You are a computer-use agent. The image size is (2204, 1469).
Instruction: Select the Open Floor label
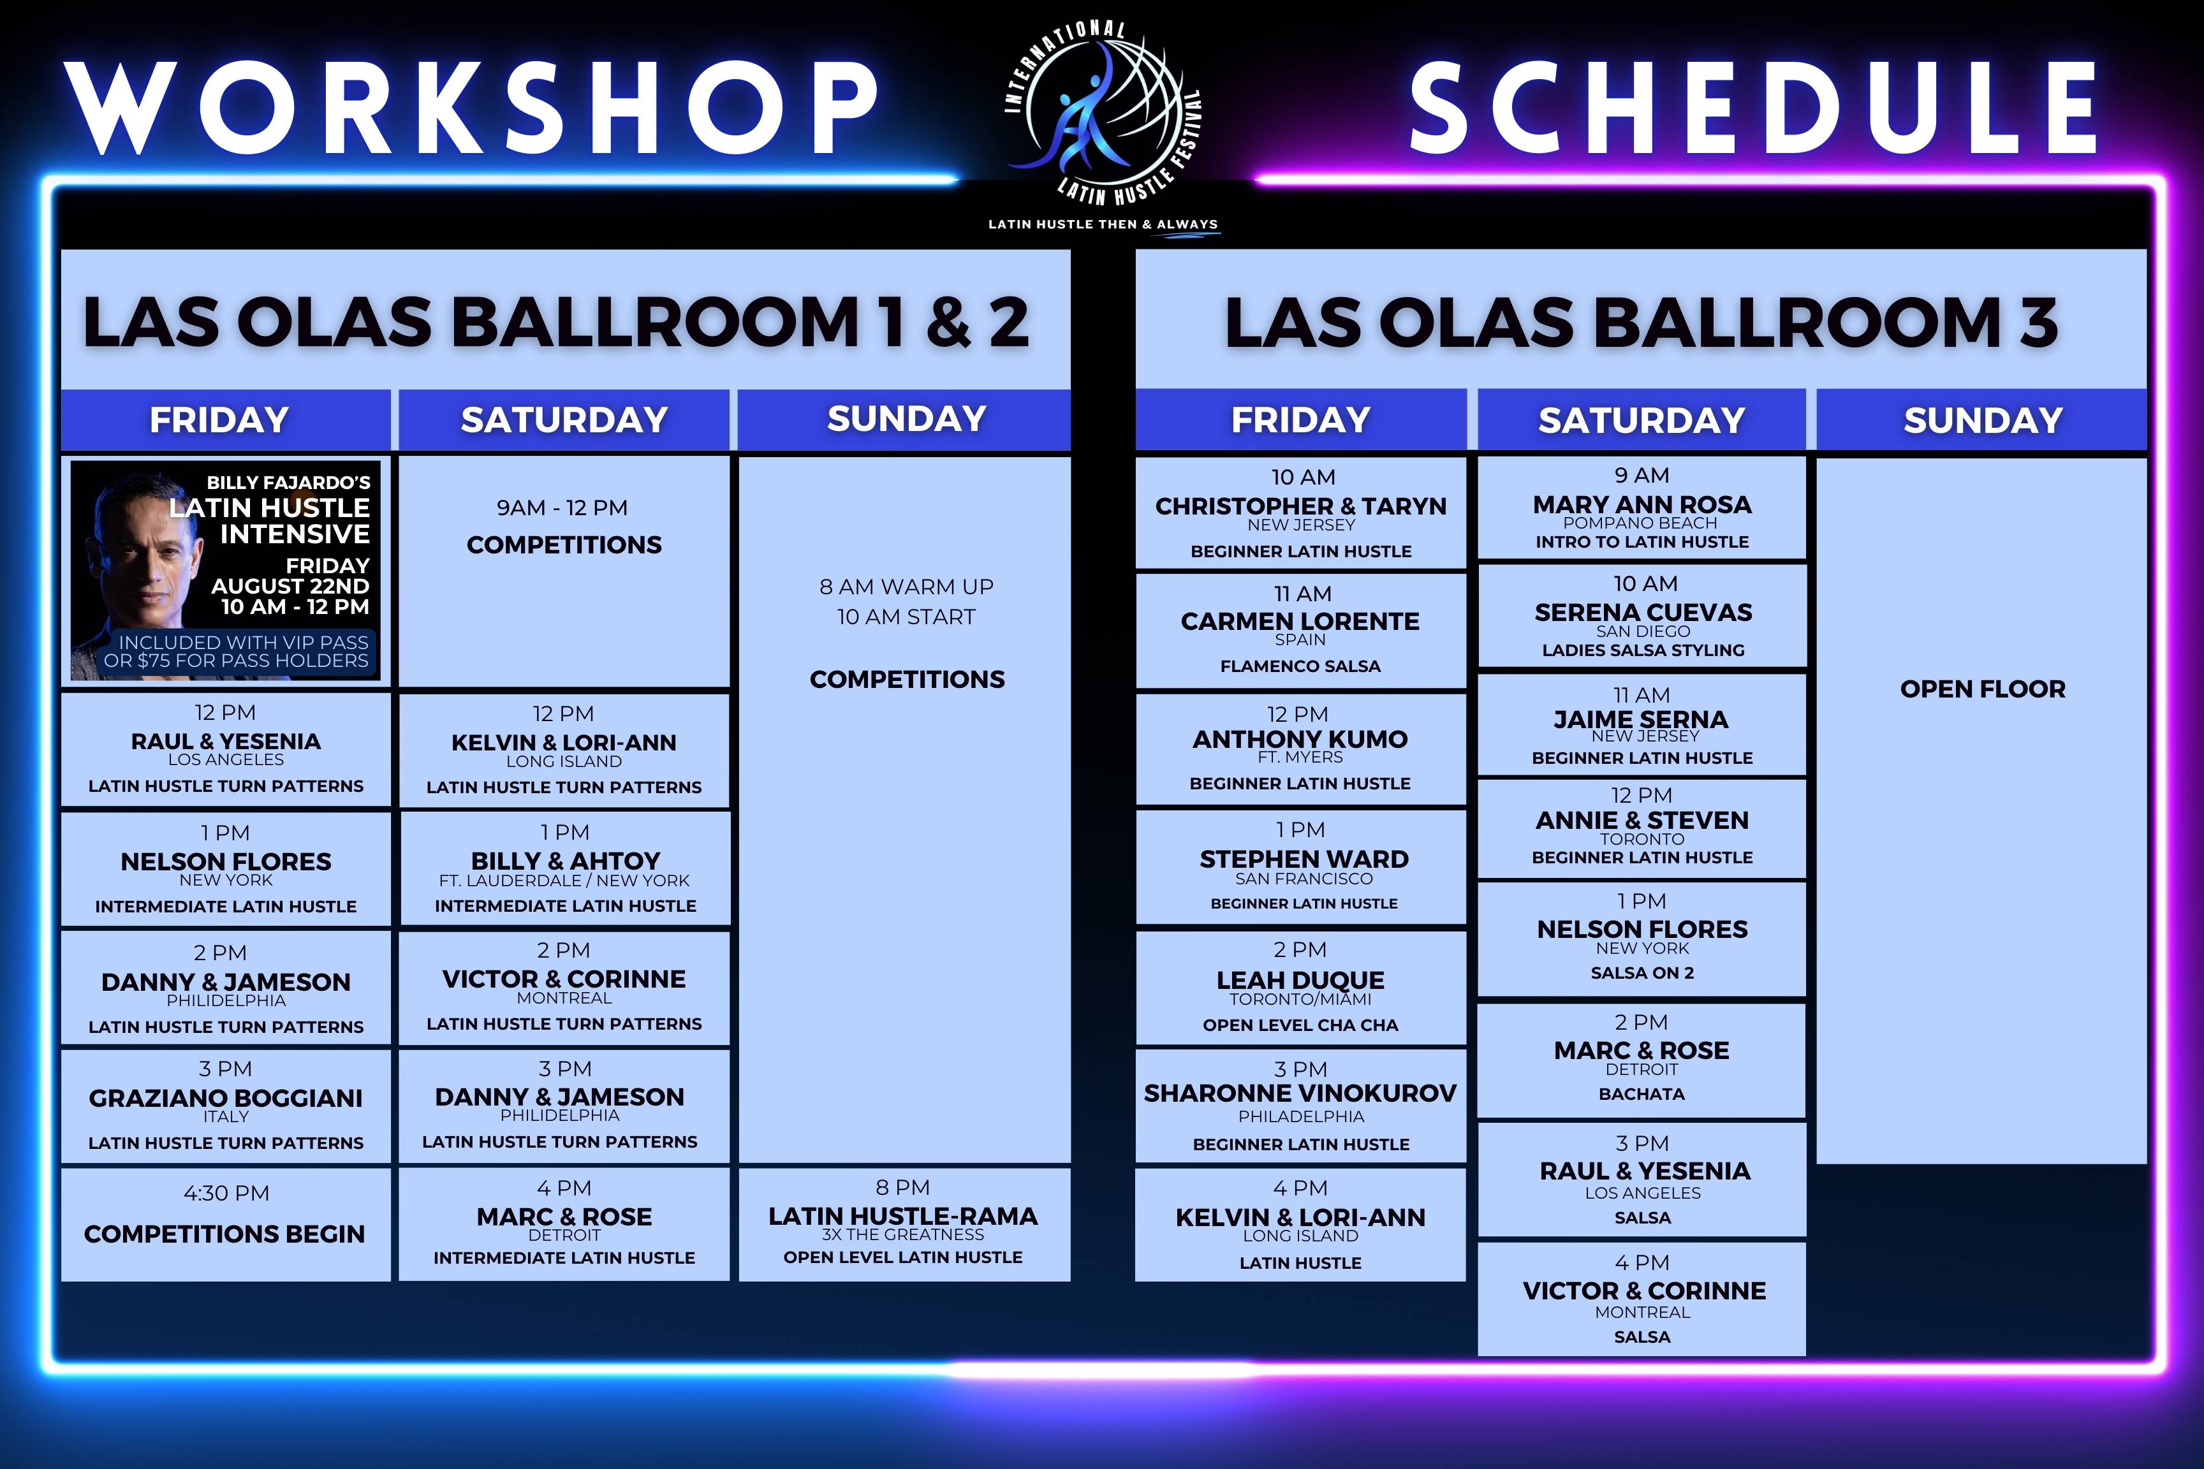click(x=1982, y=689)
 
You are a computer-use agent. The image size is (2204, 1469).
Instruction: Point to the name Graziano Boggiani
click(x=226, y=1098)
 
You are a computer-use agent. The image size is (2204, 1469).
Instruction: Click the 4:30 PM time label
click(x=226, y=1193)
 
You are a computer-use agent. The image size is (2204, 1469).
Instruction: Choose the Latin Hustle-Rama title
click(x=902, y=1216)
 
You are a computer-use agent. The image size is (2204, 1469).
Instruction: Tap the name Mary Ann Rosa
click(x=1642, y=505)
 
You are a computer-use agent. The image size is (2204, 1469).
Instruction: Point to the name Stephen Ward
click(x=1304, y=859)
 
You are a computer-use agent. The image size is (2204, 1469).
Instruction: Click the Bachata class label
click(x=1641, y=1093)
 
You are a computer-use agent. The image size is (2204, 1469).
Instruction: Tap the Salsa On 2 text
click(x=1642, y=972)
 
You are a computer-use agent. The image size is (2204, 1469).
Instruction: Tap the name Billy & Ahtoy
click(x=565, y=861)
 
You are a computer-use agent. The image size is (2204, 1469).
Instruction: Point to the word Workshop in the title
click(x=473, y=106)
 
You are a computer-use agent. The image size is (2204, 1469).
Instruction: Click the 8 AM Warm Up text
click(x=906, y=587)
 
